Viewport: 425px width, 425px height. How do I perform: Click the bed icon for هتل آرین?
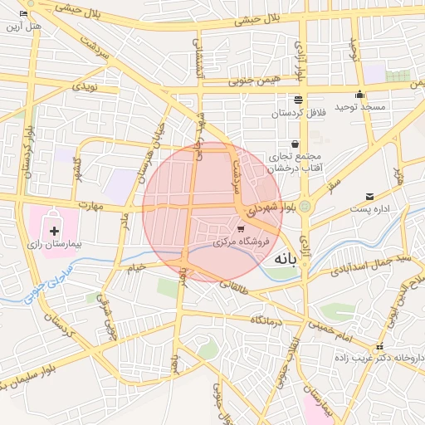23,14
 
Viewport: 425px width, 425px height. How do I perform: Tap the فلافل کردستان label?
297,112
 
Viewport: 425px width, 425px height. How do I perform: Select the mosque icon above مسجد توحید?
359,94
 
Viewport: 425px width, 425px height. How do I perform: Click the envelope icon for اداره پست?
369,197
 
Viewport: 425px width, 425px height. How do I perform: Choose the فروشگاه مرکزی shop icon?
241,229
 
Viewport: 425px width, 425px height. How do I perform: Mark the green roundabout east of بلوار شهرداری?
305,206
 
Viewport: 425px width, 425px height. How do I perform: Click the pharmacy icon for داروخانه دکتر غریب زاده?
380,346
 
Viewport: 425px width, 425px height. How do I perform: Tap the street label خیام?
135,267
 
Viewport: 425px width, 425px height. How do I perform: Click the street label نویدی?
85,86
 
